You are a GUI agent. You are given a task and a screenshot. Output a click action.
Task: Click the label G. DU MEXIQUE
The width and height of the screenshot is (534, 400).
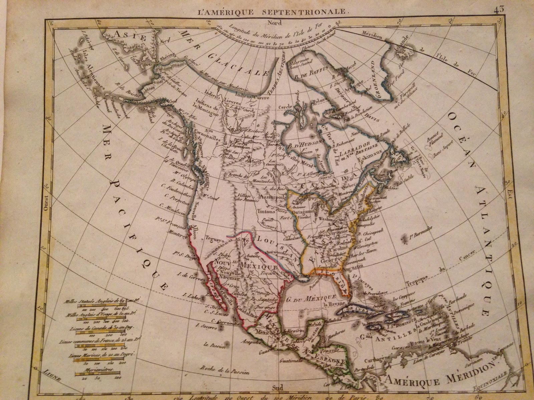point(311,297)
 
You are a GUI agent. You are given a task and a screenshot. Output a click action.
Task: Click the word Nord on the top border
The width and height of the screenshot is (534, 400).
point(277,23)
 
